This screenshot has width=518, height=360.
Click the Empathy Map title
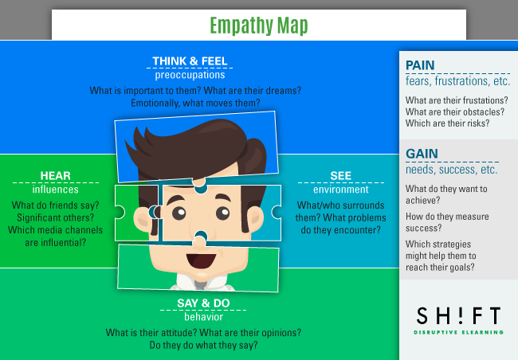pos(258,25)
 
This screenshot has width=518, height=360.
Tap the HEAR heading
pos(55,175)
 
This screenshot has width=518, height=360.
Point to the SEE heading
pos(340,175)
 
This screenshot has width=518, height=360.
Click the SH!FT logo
pos(457,315)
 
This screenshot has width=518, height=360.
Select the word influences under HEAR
pos(55,190)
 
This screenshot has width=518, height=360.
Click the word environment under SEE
pos(340,190)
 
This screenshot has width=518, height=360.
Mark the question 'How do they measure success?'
pos(447,222)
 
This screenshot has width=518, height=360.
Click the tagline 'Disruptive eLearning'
pos(457,331)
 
